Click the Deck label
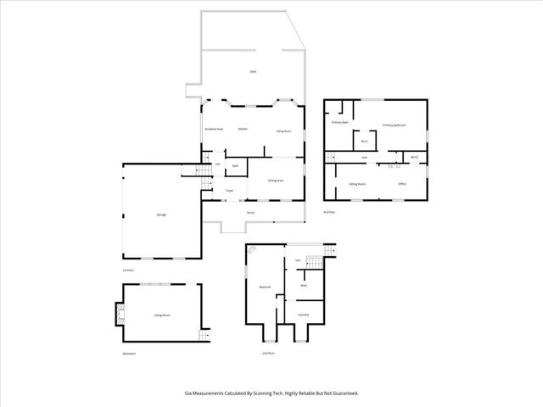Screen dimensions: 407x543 click(253, 72)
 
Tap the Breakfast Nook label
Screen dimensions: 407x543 click(214, 129)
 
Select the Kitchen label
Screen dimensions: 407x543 click(243, 129)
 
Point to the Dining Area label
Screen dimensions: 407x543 click(276, 181)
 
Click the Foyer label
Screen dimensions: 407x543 click(229, 192)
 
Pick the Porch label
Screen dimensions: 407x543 click(251, 212)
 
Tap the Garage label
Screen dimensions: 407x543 click(161, 215)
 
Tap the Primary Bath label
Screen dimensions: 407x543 click(341, 123)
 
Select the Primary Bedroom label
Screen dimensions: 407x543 click(395, 125)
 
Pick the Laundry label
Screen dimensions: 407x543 click(303, 315)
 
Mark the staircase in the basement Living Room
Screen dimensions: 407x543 click(204, 336)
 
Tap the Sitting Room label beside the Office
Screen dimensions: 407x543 click(357, 183)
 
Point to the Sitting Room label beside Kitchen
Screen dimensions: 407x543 click(284, 131)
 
